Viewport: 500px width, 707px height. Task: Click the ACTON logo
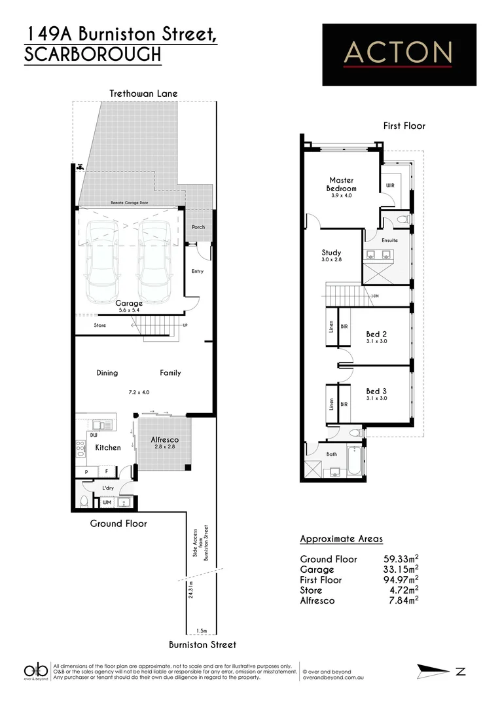pos(399,54)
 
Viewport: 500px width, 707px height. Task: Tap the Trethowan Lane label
pos(143,94)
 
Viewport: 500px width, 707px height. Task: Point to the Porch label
pos(198,227)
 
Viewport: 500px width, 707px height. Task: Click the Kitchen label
pos(108,448)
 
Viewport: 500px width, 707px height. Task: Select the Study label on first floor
pos(331,253)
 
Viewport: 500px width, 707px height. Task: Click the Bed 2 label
pos(376,334)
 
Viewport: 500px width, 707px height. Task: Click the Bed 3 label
pos(376,391)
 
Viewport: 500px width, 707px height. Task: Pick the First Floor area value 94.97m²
pos(401,579)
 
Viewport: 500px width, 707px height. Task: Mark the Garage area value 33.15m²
pos(401,570)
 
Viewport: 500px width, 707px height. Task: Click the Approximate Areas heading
pos(341,539)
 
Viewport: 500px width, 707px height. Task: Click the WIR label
pos(390,186)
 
